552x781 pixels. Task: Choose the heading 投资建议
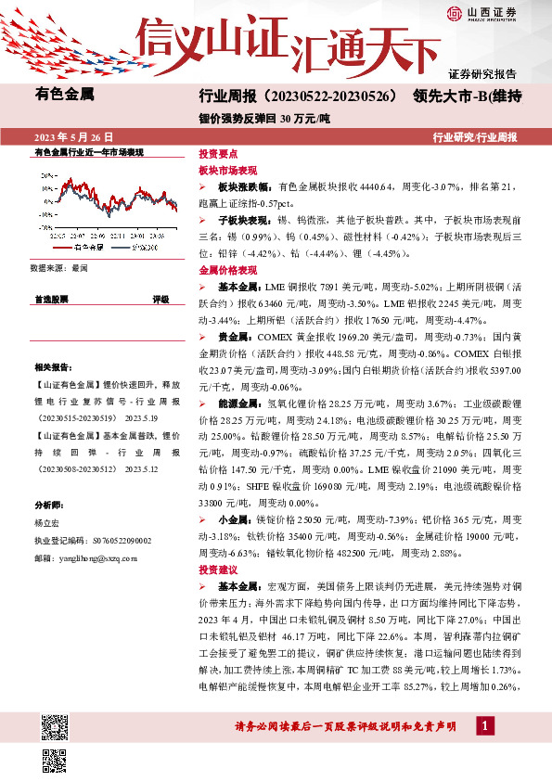(x=218, y=569)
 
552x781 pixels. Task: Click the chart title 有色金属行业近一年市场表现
(x=88, y=151)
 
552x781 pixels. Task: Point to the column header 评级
(x=160, y=300)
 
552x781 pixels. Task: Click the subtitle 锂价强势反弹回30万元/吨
(x=258, y=118)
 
